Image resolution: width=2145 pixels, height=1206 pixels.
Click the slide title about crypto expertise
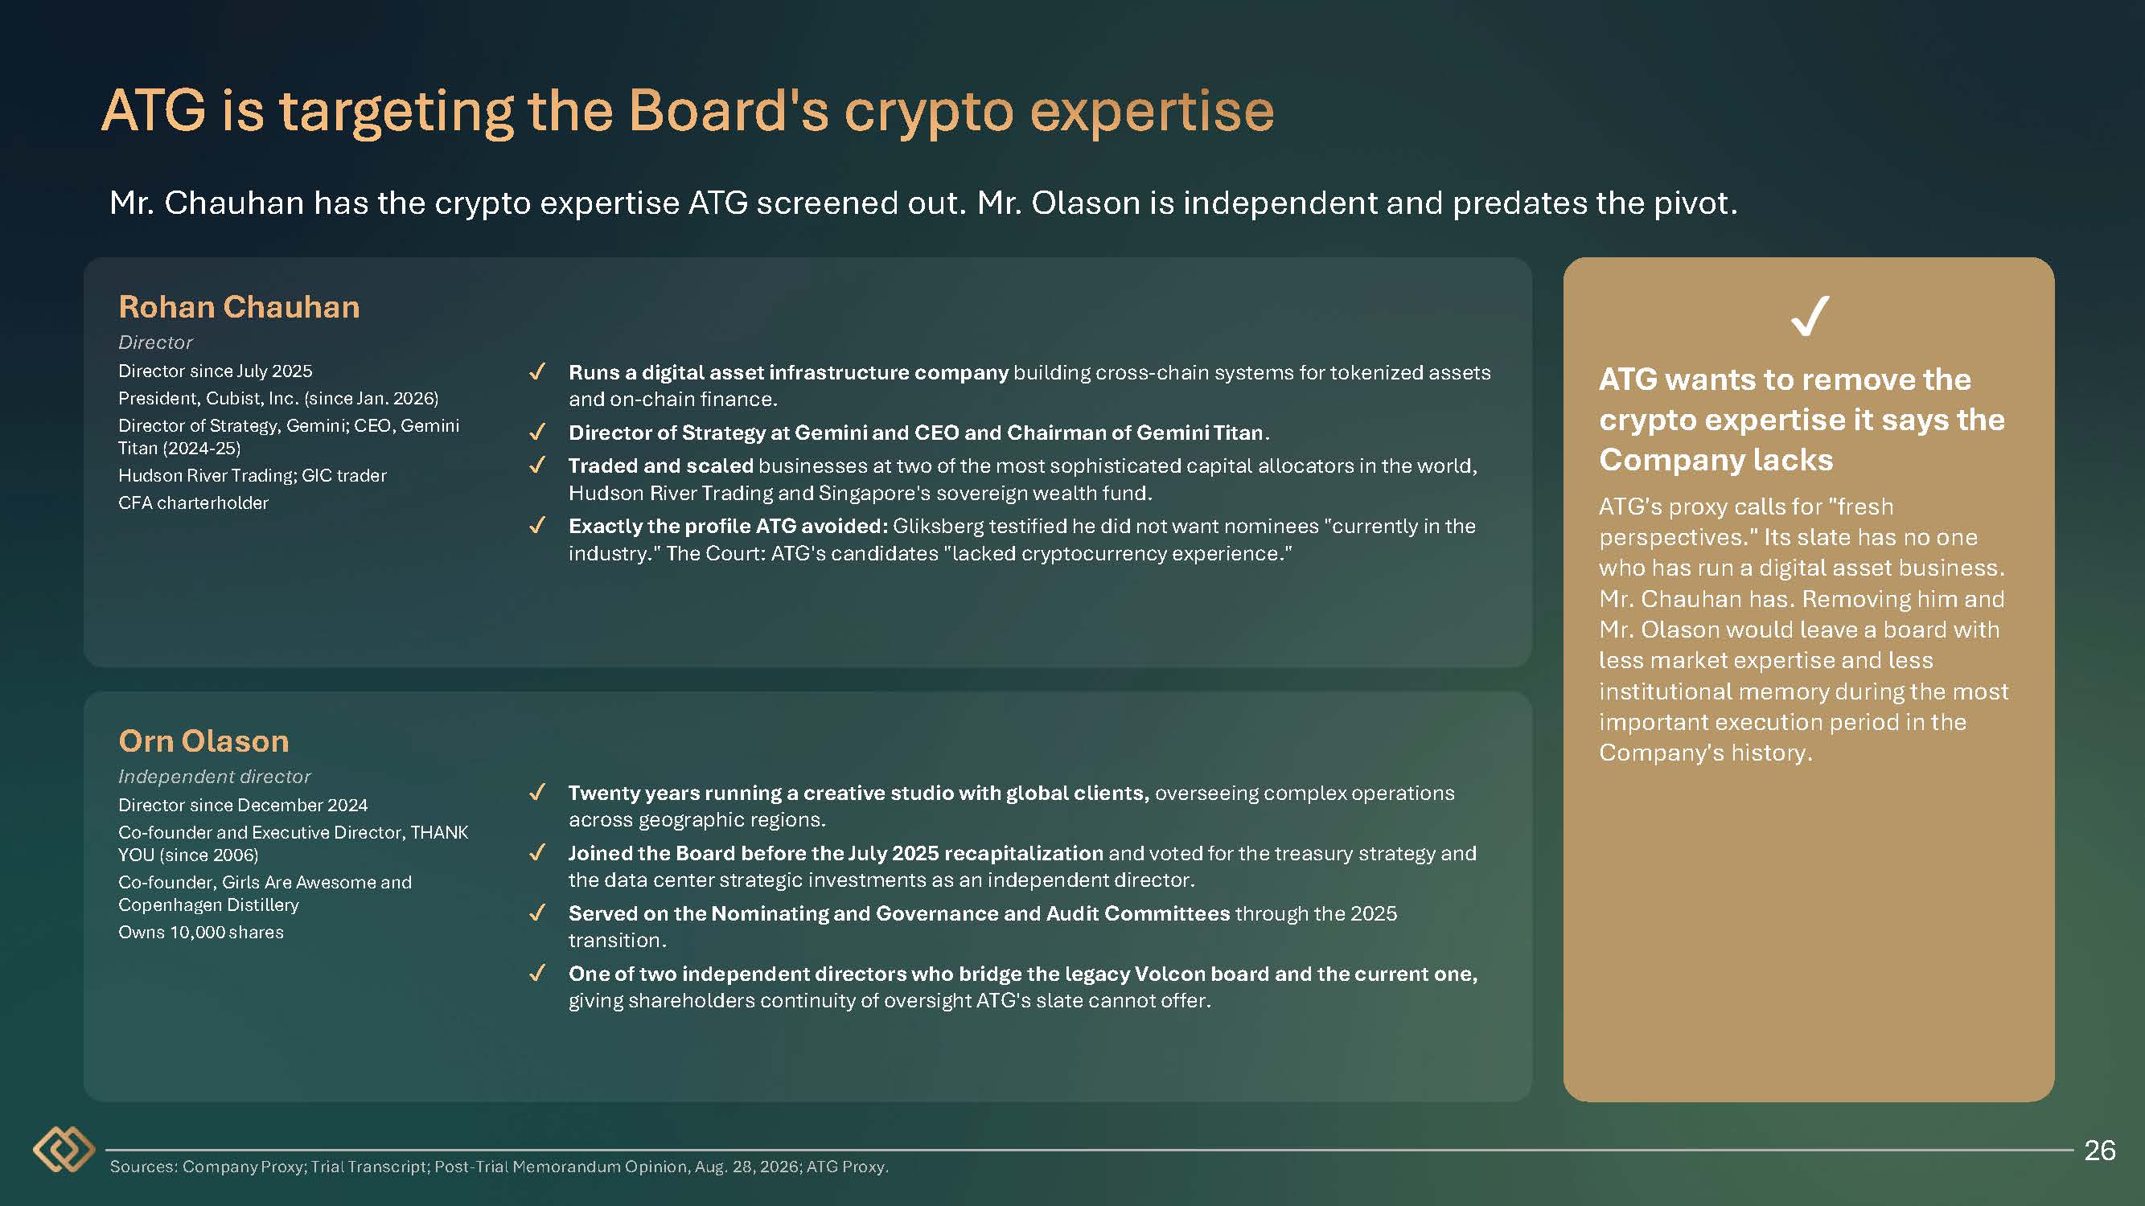tap(688, 111)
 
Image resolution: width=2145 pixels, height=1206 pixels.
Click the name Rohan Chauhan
tap(239, 307)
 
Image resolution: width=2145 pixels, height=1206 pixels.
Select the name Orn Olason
tap(204, 740)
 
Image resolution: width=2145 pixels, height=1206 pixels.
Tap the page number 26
tap(2099, 1151)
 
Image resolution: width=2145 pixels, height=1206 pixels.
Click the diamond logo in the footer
tap(64, 1150)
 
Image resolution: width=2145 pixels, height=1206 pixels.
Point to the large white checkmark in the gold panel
tap(1810, 315)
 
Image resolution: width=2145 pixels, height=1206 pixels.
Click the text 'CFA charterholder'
tap(193, 503)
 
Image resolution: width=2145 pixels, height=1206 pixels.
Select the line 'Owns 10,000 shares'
tap(201, 932)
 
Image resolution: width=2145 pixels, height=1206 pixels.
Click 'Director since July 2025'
tap(215, 371)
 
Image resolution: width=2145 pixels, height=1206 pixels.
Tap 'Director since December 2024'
tap(242, 805)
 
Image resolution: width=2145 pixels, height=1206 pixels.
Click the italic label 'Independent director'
tap(214, 777)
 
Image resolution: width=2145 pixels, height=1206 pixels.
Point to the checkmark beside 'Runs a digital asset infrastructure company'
tap(537, 372)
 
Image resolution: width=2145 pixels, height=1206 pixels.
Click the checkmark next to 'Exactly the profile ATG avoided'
tap(537, 526)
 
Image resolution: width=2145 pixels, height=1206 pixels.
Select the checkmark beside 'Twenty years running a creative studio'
tap(537, 793)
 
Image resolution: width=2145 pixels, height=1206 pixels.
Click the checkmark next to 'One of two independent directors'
tap(537, 973)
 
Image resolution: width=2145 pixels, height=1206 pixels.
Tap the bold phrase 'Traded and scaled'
tap(660, 466)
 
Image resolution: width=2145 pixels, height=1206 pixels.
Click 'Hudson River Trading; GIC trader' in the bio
tap(253, 475)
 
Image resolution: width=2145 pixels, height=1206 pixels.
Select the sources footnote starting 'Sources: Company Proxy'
tap(499, 1167)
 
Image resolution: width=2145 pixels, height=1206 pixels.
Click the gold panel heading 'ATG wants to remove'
tap(1801, 420)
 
